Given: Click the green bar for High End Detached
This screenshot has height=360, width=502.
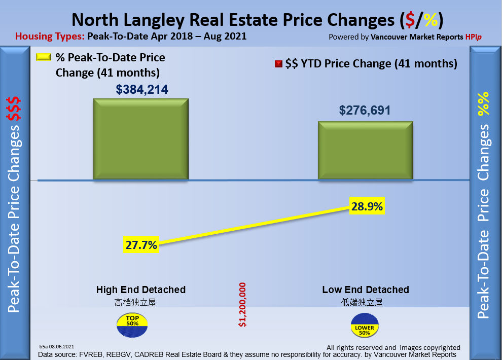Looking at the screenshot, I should click(140, 139).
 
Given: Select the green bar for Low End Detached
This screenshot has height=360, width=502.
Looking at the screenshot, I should click(365, 150).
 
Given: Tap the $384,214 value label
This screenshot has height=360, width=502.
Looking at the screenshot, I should click(142, 90).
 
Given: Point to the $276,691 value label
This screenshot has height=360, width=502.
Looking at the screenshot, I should click(365, 110).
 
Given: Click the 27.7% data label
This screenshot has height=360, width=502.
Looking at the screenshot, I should click(141, 245).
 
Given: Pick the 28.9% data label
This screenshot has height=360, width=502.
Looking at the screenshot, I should click(367, 206).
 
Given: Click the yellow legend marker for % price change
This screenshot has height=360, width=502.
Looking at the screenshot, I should click(44, 57).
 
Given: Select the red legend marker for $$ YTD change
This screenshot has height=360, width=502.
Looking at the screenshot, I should click(278, 64).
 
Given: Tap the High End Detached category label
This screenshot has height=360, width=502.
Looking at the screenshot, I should click(141, 290).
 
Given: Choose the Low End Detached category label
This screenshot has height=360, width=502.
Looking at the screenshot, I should click(366, 290).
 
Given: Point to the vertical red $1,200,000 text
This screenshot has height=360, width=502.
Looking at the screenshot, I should click(242, 304).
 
